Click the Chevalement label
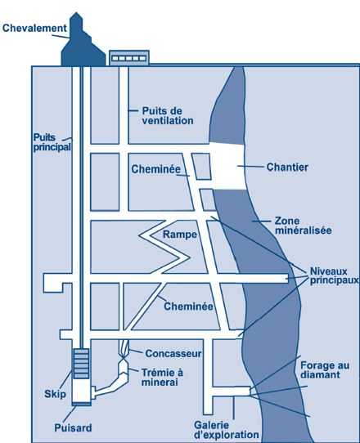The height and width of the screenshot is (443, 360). coord(34,29)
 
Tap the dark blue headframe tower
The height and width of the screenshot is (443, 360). coord(82,45)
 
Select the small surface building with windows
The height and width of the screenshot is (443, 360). coord(129,58)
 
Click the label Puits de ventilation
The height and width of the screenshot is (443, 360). coord(168,115)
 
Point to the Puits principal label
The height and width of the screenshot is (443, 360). coord(52,142)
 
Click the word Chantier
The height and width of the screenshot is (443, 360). coord(287,168)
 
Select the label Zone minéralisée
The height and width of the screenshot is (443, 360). coord(304,226)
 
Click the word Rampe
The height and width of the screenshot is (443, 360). coord(180,235)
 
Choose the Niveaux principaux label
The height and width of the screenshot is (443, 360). coord(335,275)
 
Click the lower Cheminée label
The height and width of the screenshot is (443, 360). coord(188,307)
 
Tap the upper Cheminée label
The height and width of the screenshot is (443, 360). coord(155,169)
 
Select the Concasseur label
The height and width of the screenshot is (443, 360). coord(173,353)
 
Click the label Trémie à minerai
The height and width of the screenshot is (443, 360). coord(162,377)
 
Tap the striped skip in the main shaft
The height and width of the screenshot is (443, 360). coord(81,364)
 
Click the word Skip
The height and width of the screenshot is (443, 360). coord(55,394)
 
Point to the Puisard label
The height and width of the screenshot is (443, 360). coord(73,427)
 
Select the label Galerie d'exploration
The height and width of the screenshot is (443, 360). coord(227,430)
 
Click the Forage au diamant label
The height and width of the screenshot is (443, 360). coord(325,369)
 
